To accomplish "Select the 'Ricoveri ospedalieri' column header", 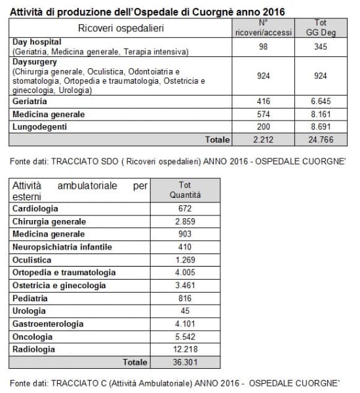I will click(121, 28).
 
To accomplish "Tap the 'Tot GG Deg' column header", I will click(321, 28).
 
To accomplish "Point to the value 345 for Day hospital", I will click(321, 46).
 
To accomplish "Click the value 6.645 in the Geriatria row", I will click(321, 102).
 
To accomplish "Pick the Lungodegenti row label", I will click(39, 126).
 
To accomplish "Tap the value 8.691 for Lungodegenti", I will click(321, 126).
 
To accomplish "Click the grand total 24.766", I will click(321, 139).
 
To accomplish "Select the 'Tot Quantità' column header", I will click(185, 190).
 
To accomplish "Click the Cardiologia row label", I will click(35, 208).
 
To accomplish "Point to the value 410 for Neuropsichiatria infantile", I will click(185, 247).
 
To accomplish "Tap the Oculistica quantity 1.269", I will click(185, 259).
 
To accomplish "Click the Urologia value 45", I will click(185, 310).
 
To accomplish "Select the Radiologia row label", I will click(34, 349).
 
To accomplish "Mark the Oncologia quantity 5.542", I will click(185, 336).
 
